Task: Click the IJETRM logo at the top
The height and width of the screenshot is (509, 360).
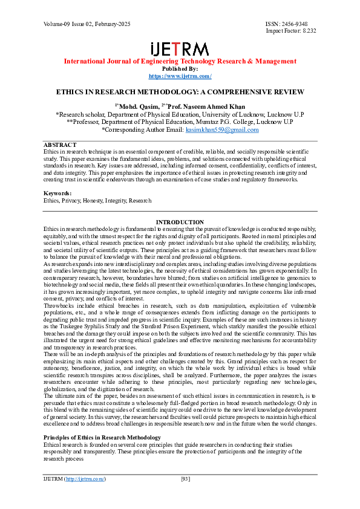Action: click(180, 50)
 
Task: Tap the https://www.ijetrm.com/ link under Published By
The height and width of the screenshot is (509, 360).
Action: click(180, 76)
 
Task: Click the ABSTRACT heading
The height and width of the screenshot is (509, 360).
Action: click(60, 145)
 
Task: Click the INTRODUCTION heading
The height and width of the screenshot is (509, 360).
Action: click(180, 222)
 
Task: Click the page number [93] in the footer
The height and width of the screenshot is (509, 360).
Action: click(186, 479)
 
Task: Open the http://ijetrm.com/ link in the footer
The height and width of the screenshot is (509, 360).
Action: click(85, 479)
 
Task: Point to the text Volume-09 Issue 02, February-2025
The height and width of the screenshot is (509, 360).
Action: click(87, 24)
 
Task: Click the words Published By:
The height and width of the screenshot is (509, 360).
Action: click(180, 69)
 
